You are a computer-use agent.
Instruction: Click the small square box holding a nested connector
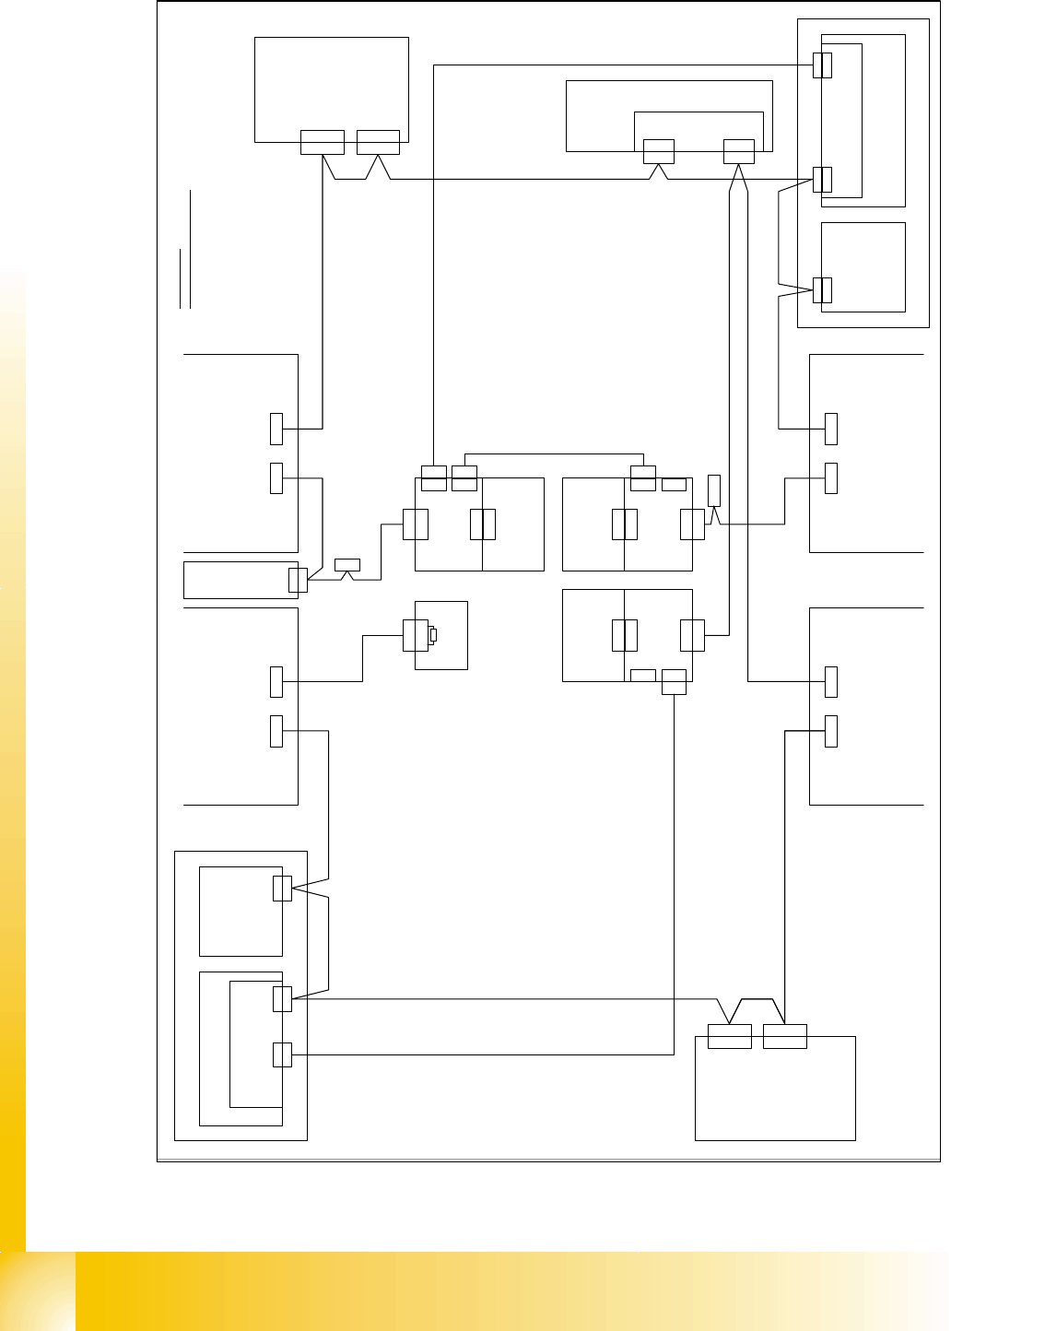(441, 636)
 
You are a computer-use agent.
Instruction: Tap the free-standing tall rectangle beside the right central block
(713, 489)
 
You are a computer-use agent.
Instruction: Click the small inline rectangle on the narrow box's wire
(347, 564)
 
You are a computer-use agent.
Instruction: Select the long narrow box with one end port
(241, 579)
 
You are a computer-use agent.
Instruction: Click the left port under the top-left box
(323, 143)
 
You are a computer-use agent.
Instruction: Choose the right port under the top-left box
(378, 143)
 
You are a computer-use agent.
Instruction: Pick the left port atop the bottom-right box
(730, 1036)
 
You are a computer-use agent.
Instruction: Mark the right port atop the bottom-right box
(785, 1036)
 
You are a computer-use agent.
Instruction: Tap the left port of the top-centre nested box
(658, 151)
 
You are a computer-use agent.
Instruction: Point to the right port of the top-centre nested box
(739, 151)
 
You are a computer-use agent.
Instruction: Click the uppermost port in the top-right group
(823, 65)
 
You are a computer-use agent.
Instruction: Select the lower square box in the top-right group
(863, 267)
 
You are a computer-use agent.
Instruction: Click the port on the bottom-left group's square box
(283, 889)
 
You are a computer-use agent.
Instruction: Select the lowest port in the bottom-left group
(283, 1054)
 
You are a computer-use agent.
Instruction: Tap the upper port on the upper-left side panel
(276, 428)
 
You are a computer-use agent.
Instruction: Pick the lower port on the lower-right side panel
(831, 730)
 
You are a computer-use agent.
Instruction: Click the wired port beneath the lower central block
(675, 681)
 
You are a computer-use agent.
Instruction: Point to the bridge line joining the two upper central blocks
(553, 454)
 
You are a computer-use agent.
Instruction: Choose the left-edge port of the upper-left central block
(416, 524)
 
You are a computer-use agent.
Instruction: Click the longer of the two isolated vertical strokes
(190, 249)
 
